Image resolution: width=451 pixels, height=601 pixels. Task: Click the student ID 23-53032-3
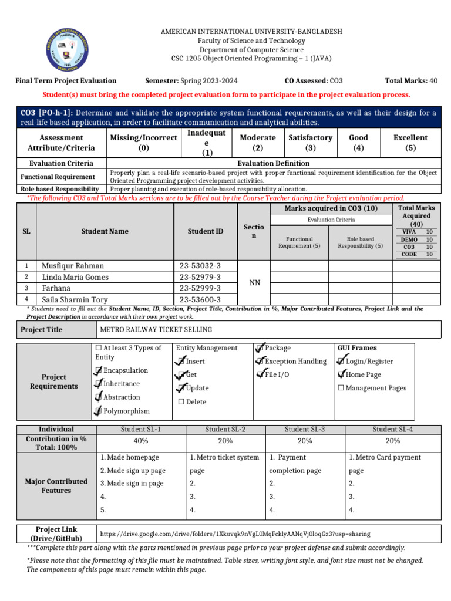click(x=200, y=266)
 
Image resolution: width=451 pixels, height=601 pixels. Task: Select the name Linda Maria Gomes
click(x=75, y=277)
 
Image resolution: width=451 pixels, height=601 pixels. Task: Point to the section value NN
click(x=254, y=283)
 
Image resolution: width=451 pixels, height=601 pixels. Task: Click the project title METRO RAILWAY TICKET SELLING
click(x=156, y=330)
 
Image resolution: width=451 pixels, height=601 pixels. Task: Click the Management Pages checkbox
click(x=341, y=388)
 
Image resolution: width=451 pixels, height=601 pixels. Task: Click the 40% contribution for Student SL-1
click(x=141, y=441)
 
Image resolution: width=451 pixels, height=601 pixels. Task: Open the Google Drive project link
click(x=235, y=534)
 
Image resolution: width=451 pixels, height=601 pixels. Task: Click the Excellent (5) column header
click(x=410, y=143)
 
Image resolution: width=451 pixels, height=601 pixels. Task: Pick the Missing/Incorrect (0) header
click(x=143, y=143)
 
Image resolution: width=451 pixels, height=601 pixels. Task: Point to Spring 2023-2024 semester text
click(x=208, y=81)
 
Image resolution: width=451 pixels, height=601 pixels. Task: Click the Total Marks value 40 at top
click(x=433, y=81)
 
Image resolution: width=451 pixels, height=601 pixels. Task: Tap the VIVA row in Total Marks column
click(x=416, y=232)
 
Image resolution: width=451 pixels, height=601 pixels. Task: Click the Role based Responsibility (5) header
click(x=360, y=242)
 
